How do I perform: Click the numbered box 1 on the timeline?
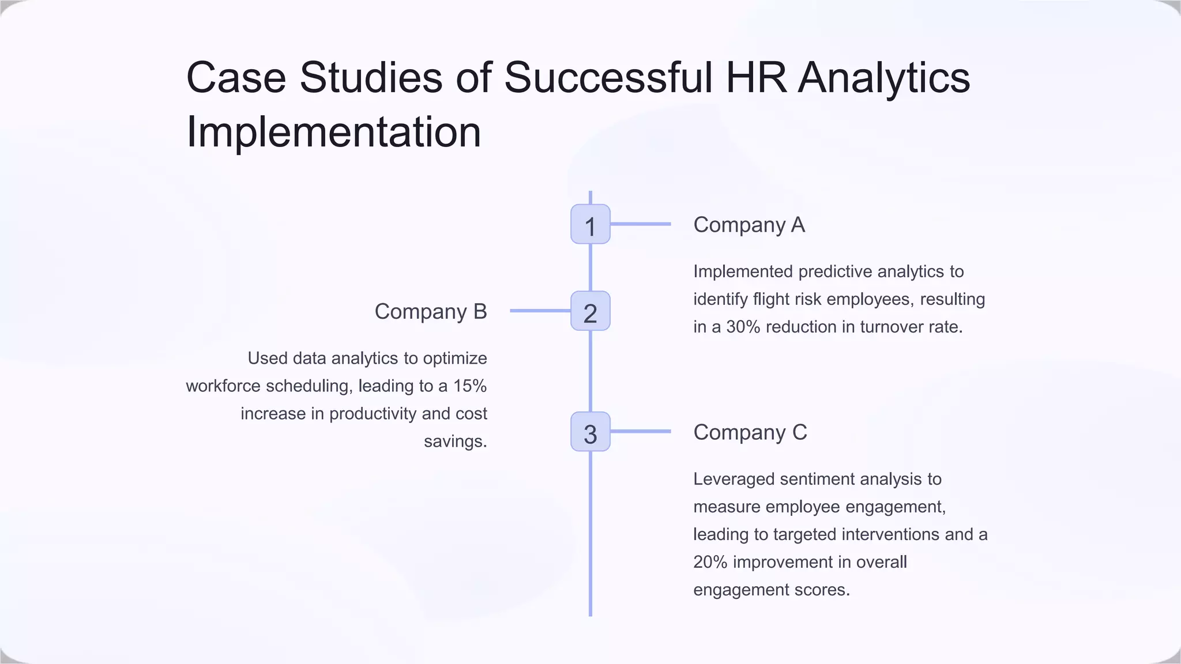pyautogui.click(x=590, y=224)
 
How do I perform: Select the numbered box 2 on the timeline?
pyautogui.click(x=590, y=311)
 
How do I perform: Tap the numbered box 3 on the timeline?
pyautogui.click(x=590, y=432)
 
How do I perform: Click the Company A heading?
pyautogui.click(x=749, y=225)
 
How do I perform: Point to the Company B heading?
pyautogui.click(x=431, y=312)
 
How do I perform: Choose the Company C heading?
pyautogui.click(x=750, y=432)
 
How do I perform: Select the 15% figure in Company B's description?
pyautogui.click(x=469, y=386)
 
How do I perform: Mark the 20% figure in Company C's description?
pyautogui.click(x=710, y=562)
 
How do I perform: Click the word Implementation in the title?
pyautogui.click(x=333, y=132)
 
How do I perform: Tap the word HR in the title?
pyautogui.click(x=756, y=77)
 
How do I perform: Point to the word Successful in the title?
pyautogui.click(x=608, y=77)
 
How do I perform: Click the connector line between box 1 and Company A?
pyautogui.click(x=640, y=224)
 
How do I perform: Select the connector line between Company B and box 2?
pyautogui.click(x=540, y=311)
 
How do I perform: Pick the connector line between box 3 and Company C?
pyautogui.click(x=640, y=431)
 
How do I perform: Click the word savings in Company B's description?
pyautogui.click(x=455, y=442)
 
